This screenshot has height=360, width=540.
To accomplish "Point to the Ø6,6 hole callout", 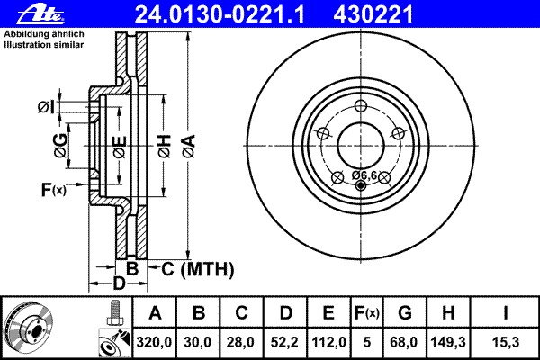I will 364,175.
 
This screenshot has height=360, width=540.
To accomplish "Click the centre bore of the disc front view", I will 361,145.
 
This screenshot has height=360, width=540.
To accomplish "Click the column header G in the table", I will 404,314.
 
